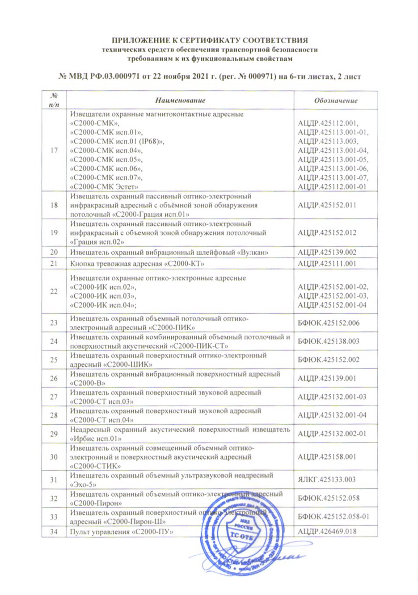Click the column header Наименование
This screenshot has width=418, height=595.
tap(180, 100)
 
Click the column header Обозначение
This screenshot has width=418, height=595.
tap(336, 101)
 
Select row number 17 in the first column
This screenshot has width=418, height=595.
tap(54, 150)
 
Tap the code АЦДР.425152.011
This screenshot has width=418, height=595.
tap(327, 205)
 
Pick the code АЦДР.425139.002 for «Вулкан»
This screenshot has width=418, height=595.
tap(327, 253)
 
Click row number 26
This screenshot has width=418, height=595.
tap(54, 378)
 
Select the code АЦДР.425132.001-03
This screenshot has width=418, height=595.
tap(332, 397)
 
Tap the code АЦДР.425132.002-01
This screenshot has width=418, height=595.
tap(332, 434)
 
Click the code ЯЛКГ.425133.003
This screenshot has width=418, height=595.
tap(327, 480)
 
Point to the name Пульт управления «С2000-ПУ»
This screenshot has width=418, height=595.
tap(122, 532)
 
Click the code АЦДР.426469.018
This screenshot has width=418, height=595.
tap(327, 531)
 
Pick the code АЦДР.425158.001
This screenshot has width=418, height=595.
tap(327, 457)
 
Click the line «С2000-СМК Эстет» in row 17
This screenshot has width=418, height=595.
tap(104, 187)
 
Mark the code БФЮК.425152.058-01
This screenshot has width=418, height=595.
tap(333, 517)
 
